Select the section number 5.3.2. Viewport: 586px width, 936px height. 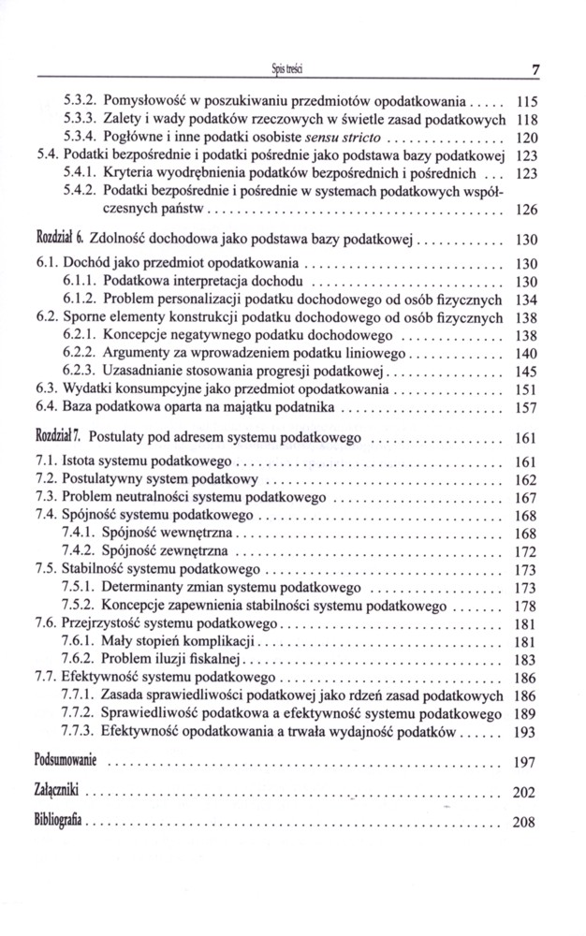tap(79, 99)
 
